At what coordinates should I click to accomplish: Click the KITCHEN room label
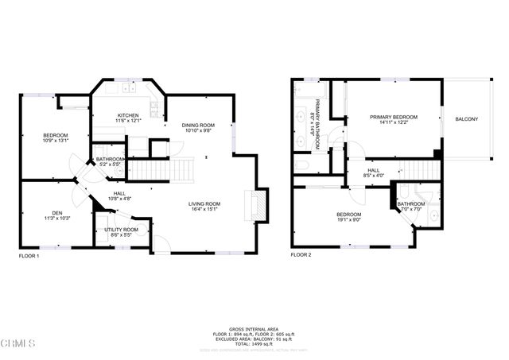[x=128, y=116]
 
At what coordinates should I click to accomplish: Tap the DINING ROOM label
[x=199, y=125]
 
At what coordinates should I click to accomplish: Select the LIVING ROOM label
[x=204, y=203]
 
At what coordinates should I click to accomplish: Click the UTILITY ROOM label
[x=121, y=230]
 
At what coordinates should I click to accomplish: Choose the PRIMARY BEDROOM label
[x=393, y=117]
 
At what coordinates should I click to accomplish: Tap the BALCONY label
[x=466, y=119]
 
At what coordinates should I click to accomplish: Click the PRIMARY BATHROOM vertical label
[x=317, y=124]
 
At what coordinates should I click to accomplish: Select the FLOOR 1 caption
[x=29, y=256]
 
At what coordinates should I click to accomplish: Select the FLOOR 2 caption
[x=301, y=256]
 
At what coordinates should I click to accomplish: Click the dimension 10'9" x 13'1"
[x=55, y=141]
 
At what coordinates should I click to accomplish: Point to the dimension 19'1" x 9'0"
[x=348, y=221]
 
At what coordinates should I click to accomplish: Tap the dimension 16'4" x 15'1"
[x=204, y=210]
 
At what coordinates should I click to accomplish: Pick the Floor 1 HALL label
[x=119, y=192]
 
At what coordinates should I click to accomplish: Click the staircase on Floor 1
[x=161, y=169]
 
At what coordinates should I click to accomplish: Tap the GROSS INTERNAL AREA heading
[x=254, y=327]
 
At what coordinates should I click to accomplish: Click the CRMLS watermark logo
[x=18, y=344]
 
